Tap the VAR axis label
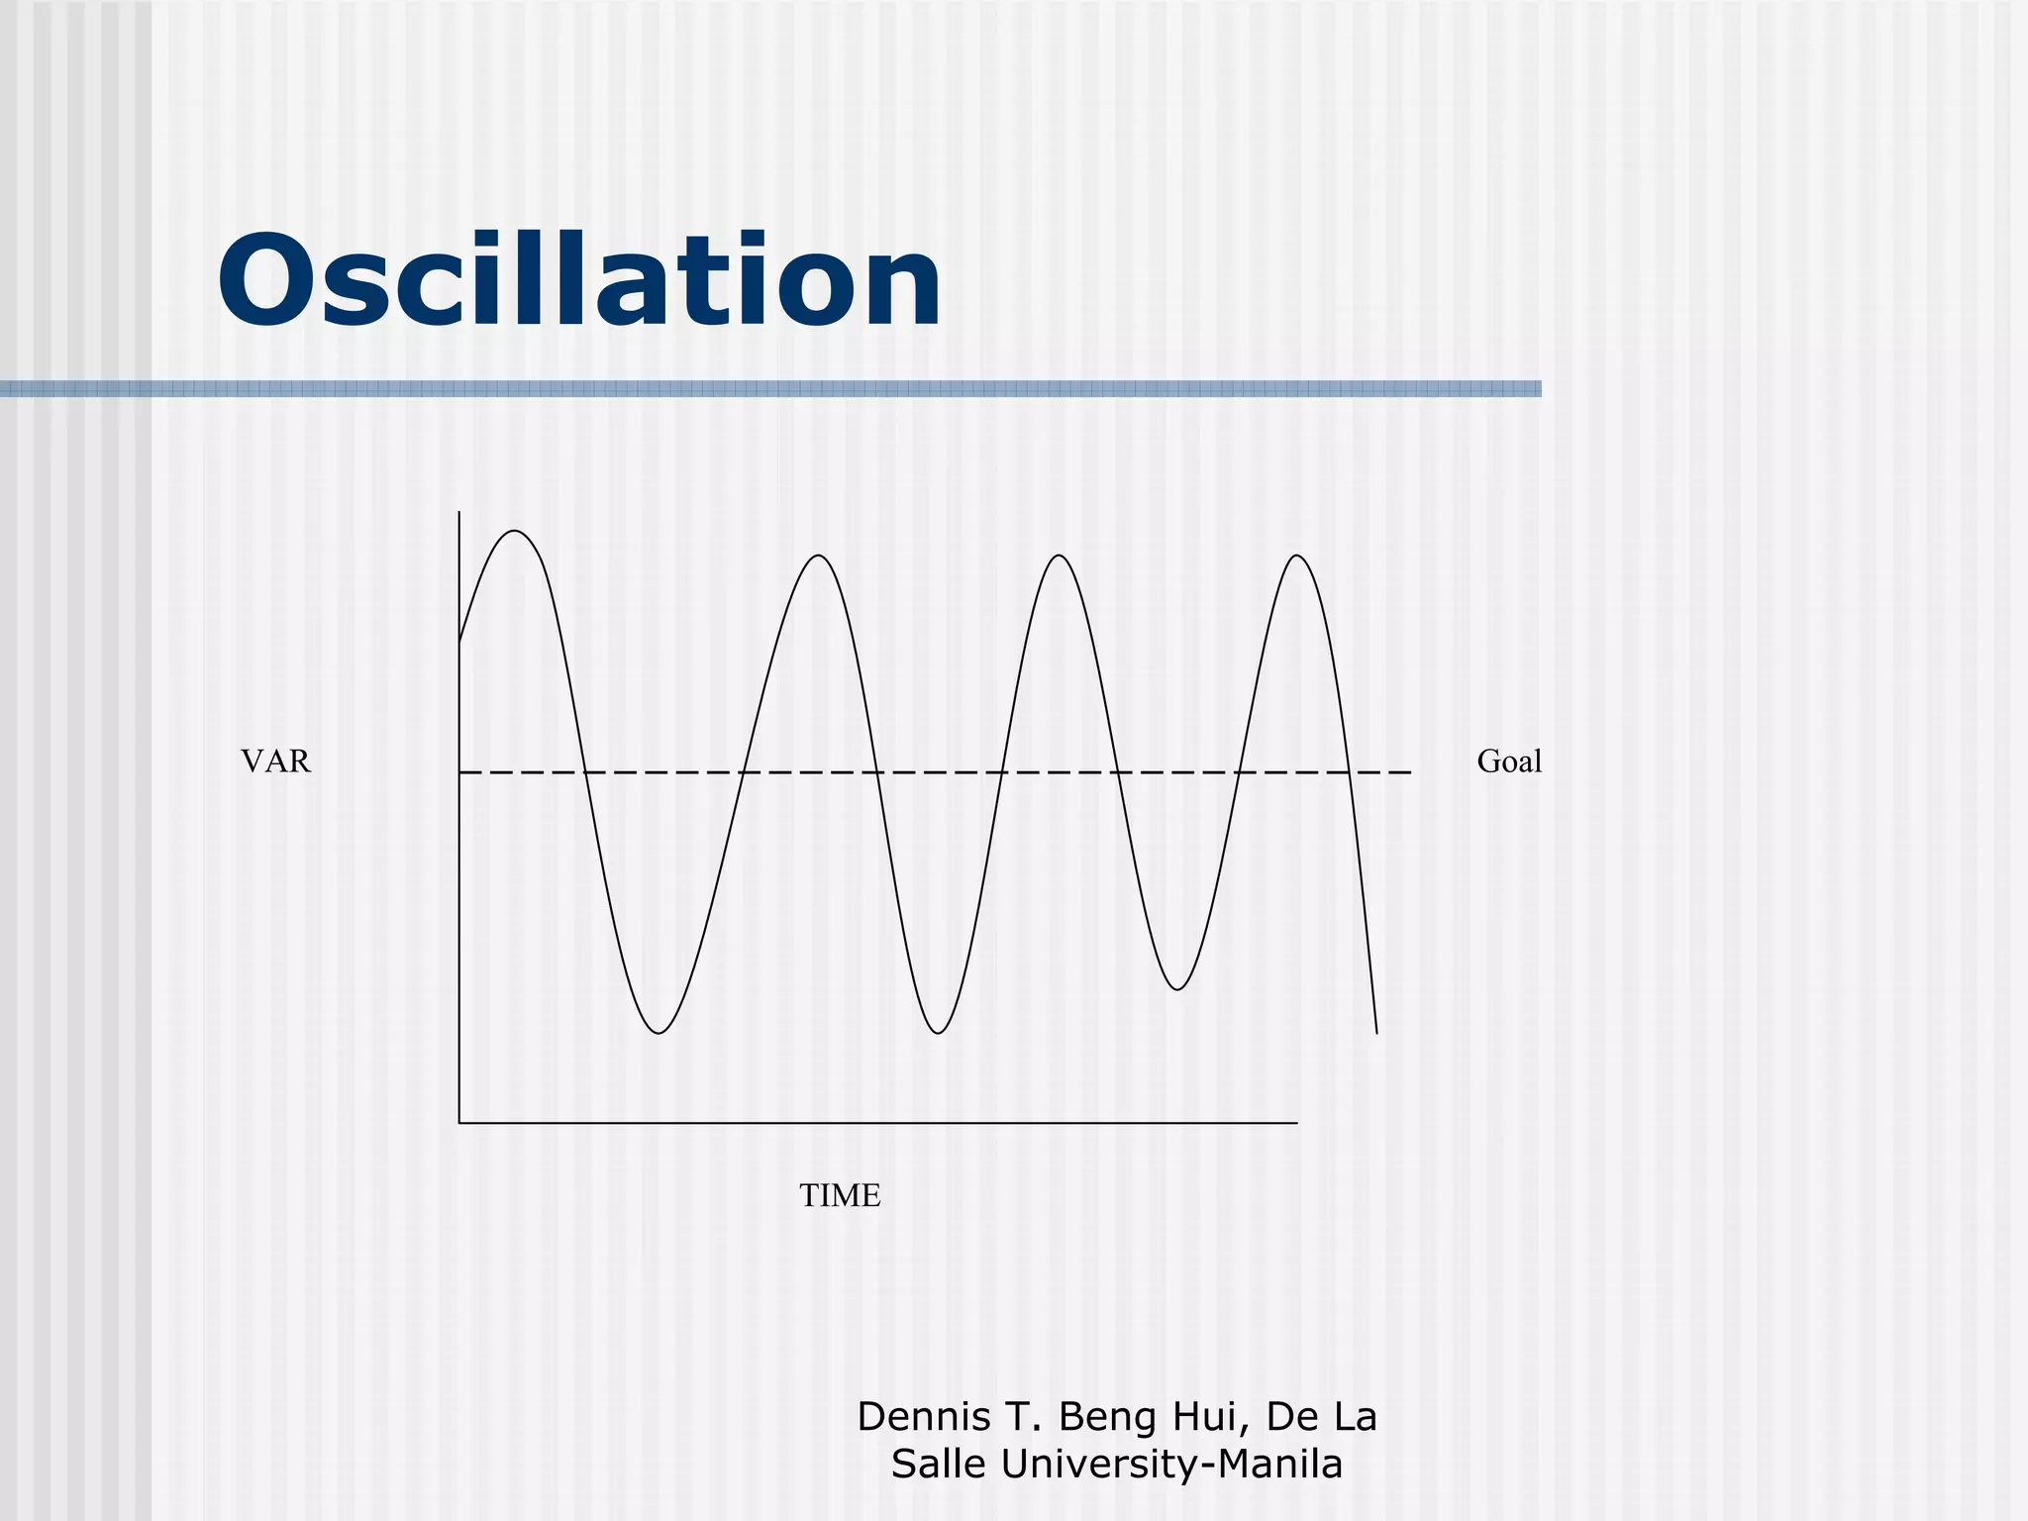tap(275, 761)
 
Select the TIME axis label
tap(840, 1196)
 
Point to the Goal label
tap(1509, 761)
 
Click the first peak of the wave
tap(516, 532)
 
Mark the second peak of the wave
tap(820, 556)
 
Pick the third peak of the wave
tap(1061, 556)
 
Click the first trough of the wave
tap(659, 1033)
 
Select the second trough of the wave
tap(938, 1033)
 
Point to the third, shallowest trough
tap(1177, 989)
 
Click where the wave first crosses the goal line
tap(584, 771)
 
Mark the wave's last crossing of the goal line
tap(1349, 771)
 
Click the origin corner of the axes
tap(459, 1123)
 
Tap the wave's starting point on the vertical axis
tap(459, 643)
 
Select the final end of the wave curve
tap(1376, 1034)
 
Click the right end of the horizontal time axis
tap(1297, 1123)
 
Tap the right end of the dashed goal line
tap(1410, 771)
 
